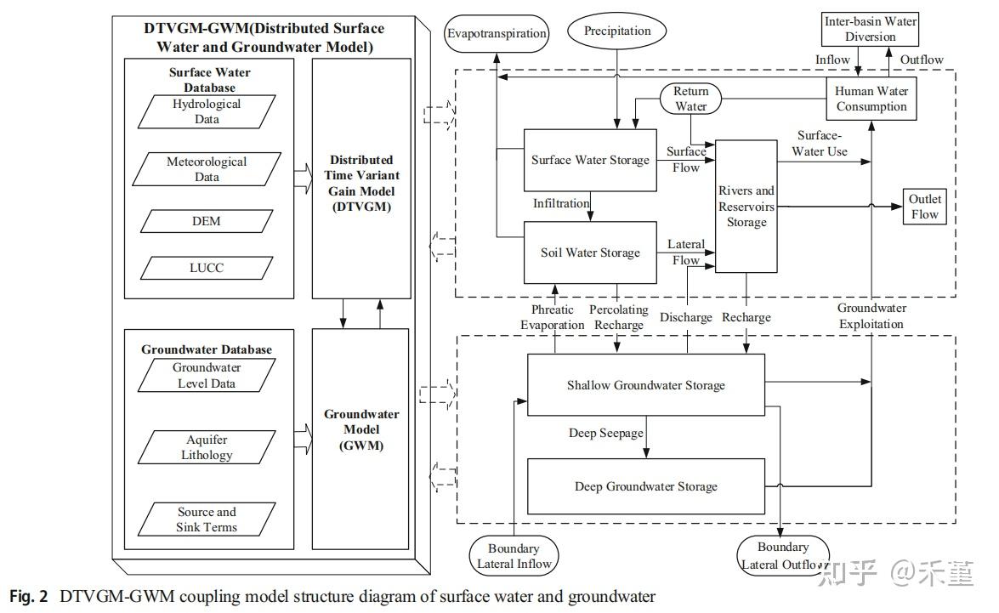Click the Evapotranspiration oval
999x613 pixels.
(x=497, y=35)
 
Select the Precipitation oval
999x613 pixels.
(x=617, y=31)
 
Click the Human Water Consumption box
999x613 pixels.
(x=871, y=99)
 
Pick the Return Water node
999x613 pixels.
(x=690, y=99)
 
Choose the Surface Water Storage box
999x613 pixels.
(x=590, y=160)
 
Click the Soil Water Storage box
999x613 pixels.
(x=590, y=253)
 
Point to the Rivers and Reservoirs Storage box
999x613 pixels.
(x=746, y=207)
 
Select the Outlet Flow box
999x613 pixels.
(x=924, y=207)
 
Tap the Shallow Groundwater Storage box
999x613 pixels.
(x=646, y=385)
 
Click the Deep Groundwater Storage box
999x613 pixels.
(x=646, y=486)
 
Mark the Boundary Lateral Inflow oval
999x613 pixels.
(x=514, y=556)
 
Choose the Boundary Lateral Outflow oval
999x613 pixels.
(x=783, y=556)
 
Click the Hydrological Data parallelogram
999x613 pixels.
(x=207, y=111)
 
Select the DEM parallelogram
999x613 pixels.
(x=207, y=221)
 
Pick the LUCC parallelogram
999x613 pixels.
(x=207, y=267)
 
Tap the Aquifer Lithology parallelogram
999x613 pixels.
(x=207, y=447)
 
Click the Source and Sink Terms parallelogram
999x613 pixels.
(x=207, y=519)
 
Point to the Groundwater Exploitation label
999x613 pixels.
(x=871, y=315)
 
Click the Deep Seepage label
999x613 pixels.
(x=605, y=434)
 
